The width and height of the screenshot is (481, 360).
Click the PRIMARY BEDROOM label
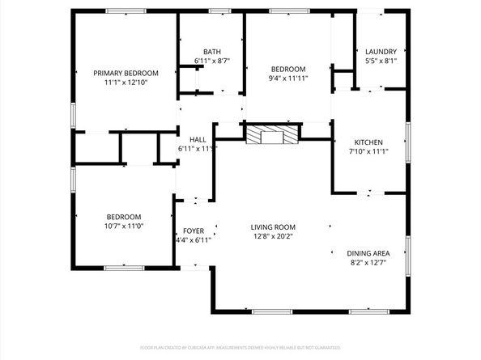[x=125, y=73]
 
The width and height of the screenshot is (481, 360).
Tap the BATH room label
[x=212, y=51]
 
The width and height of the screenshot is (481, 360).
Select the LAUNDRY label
[x=381, y=51]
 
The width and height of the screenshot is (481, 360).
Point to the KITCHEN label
[x=368, y=142]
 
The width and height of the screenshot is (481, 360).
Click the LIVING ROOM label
[x=273, y=227]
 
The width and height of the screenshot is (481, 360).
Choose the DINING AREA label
[x=368, y=252]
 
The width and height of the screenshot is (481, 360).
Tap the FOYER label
[x=194, y=231]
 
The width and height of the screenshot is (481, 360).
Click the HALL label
[x=198, y=139]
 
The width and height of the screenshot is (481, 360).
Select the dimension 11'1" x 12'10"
[x=125, y=83]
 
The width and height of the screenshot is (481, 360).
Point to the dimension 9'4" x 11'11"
[x=288, y=78]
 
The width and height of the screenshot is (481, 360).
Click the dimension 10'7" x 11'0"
[x=124, y=227]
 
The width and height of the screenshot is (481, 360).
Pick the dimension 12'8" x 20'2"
[x=273, y=237]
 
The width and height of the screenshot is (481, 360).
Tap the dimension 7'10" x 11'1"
[x=368, y=152]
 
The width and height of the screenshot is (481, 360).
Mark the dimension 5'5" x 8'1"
[x=381, y=61]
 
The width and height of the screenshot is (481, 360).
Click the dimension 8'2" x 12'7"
[x=368, y=262]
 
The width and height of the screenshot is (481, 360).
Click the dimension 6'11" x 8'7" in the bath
[x=212, y=61]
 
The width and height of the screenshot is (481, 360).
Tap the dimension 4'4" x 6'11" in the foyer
[x=194, y=240]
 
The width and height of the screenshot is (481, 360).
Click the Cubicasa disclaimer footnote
[x=240, y=347]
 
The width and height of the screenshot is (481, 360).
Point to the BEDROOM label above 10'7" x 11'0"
[x=124, y=217]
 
